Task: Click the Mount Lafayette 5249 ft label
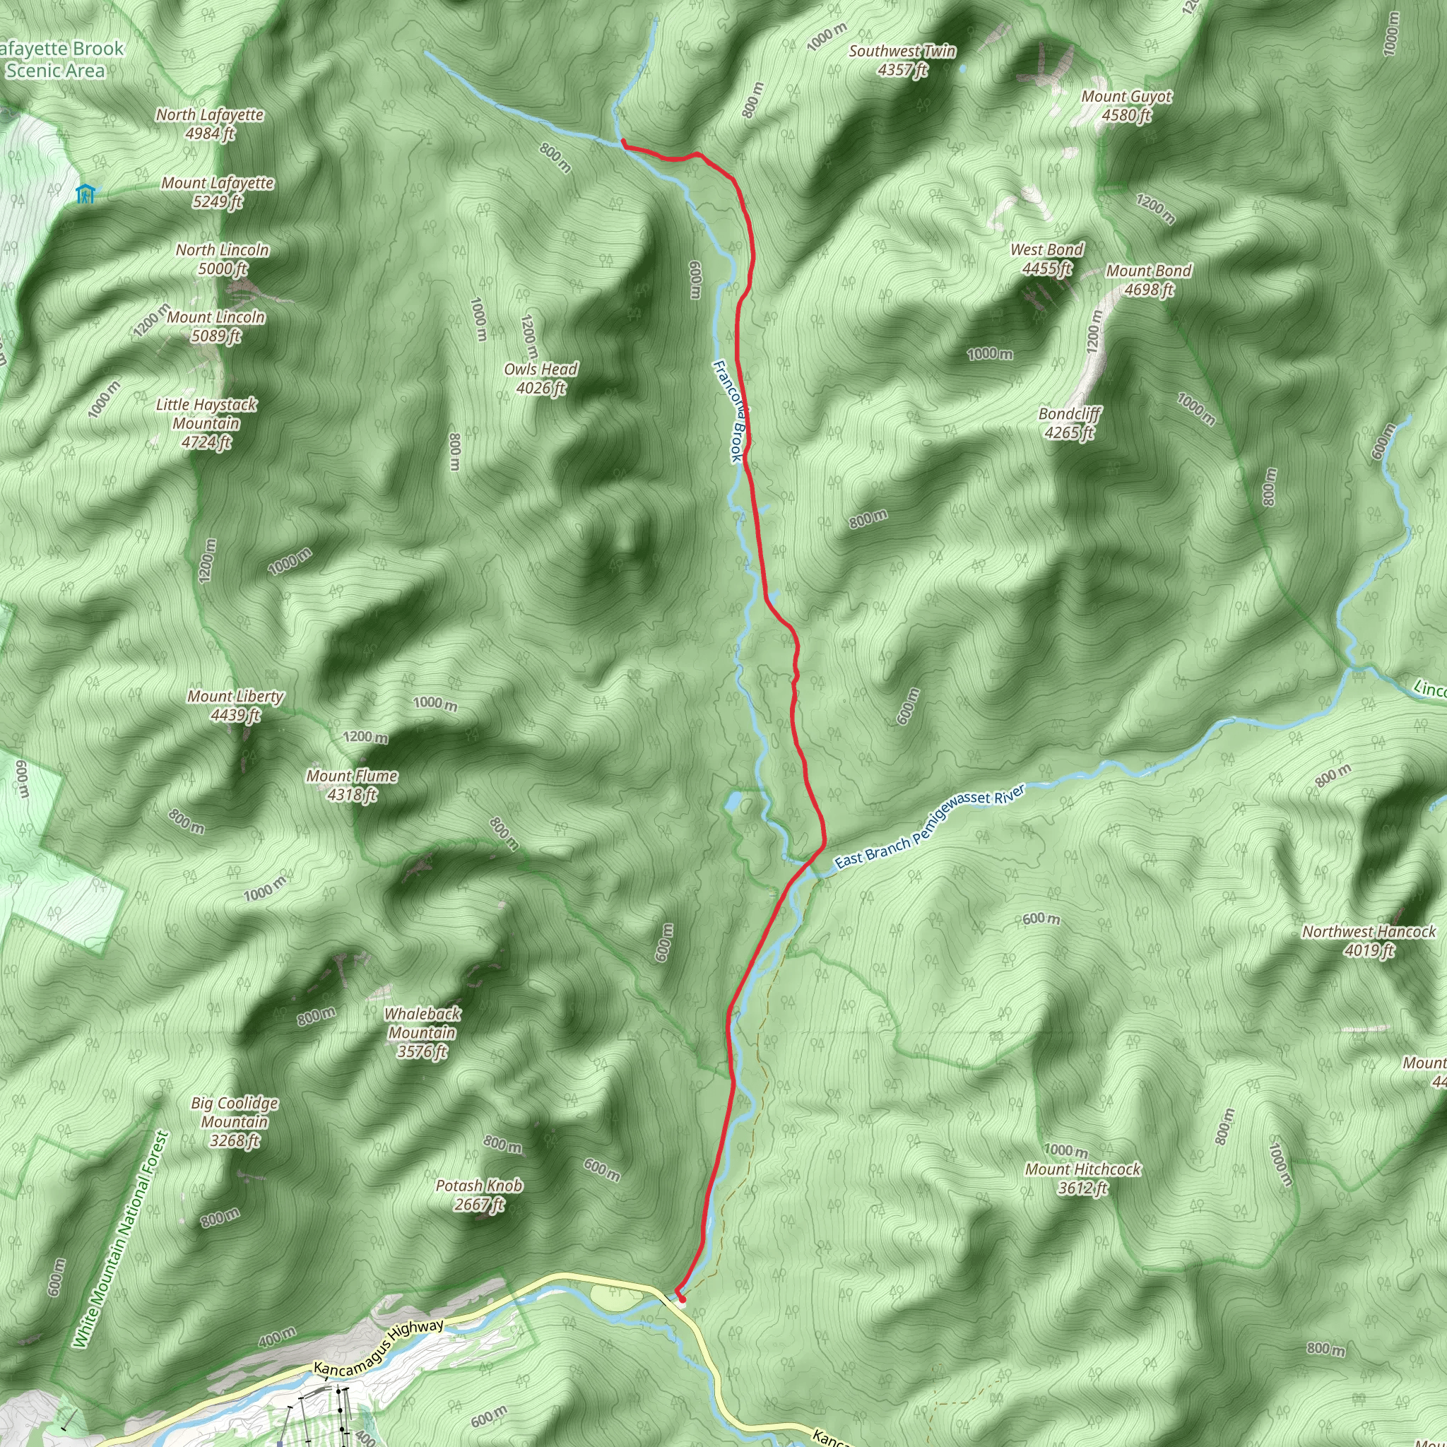pyautogui.click(x=217, y=192)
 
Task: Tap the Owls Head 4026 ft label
pyautogui.click(x=540, y=378)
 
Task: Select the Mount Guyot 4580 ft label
pyautogui.click(x=1126, y=105)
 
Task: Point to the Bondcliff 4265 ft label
pyautogui.click(x=1070, y=423)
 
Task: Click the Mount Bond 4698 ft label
pyautogui.click(x=1148, y=280)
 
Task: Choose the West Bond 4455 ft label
pyautogui.click(x=1046, y=259)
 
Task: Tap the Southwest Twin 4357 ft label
pyautogui.click(x=902, y=61)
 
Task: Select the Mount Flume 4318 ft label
pyautogui.click(x=351, y=785)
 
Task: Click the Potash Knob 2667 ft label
pyautogui.click(x=478, y=1195)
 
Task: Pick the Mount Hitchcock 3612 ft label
pyautogui.click(x=1082, y=1178)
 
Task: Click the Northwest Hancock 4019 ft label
pyautogui.click(x=1369, y=940)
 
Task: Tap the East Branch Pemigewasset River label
pyautogui.click(x=928, y=827)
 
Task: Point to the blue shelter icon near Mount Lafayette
pyautogui.click(x=86, y=194)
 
